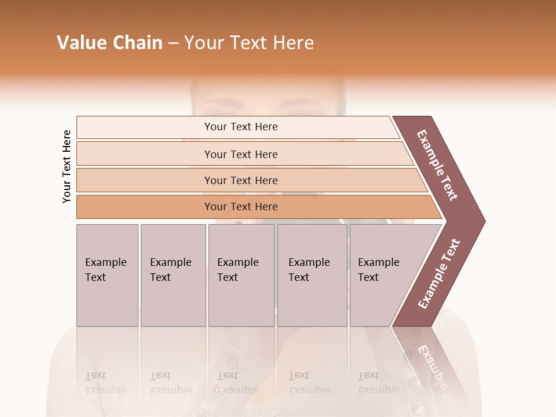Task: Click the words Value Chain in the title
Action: point(109,43)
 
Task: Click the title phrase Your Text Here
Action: point(249,43)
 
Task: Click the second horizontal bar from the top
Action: point(241,154)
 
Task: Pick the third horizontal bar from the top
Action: point(241,180)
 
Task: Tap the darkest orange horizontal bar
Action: point(241,207)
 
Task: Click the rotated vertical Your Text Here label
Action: point(67,166)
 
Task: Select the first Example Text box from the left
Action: point(107,275)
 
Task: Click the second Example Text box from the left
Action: point(173,275)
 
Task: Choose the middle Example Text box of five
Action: point(241,275)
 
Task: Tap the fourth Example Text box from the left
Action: point(312,275)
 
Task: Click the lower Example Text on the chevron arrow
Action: point(439,274)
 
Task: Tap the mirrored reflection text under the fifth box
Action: point(378,383)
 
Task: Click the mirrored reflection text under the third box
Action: point(237,383)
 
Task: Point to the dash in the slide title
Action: point(173,43)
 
